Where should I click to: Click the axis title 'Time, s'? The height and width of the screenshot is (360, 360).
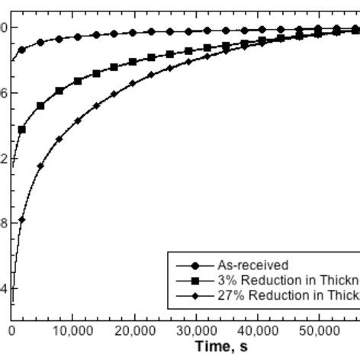point(220,347)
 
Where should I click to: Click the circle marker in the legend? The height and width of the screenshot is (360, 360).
point(194,265)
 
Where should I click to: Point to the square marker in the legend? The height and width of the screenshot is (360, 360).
point(194,281)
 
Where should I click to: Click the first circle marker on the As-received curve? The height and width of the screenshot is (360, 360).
point(22,50)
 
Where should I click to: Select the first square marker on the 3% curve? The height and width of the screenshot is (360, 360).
point(22,130)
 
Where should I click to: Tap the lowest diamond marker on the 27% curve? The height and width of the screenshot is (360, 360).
point(22,220)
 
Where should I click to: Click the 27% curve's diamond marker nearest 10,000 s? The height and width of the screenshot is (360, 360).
point(78,121)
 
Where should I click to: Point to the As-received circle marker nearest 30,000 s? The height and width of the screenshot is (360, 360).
point(188,31)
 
